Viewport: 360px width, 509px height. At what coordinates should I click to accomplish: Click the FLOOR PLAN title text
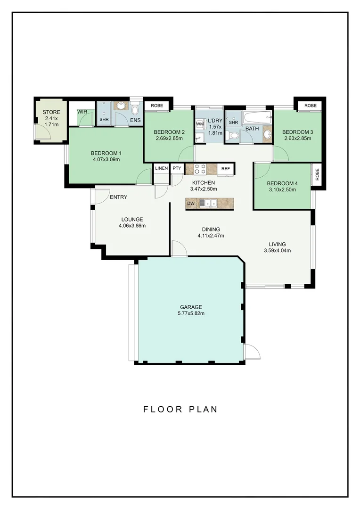point(180,409)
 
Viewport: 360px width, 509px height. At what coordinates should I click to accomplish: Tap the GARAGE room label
point(191,307)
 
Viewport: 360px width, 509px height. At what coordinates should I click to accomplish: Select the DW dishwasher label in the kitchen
point(191,204)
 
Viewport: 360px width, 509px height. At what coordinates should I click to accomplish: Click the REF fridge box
point(226,169)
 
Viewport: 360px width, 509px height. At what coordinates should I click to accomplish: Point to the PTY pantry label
point(177,168)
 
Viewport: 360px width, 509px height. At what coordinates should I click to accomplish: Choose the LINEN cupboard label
point(161,168)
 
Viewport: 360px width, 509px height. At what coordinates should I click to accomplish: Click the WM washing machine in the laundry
point(200,124)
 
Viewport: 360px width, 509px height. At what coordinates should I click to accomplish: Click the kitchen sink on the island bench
point(208,203)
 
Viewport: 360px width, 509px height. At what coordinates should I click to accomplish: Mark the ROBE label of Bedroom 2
point(157,106)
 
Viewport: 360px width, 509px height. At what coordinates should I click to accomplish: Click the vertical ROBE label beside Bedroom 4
point(317,175)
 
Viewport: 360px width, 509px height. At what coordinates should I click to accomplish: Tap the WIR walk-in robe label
point(82,112)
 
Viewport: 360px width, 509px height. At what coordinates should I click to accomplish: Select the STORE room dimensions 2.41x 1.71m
point(51,122)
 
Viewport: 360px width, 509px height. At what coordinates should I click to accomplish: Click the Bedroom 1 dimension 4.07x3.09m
point(106,159)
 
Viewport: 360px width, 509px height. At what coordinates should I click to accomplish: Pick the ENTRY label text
point(118,197)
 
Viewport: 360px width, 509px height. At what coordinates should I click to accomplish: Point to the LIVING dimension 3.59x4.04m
point(277,250)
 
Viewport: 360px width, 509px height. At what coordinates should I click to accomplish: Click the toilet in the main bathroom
point(233,135)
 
